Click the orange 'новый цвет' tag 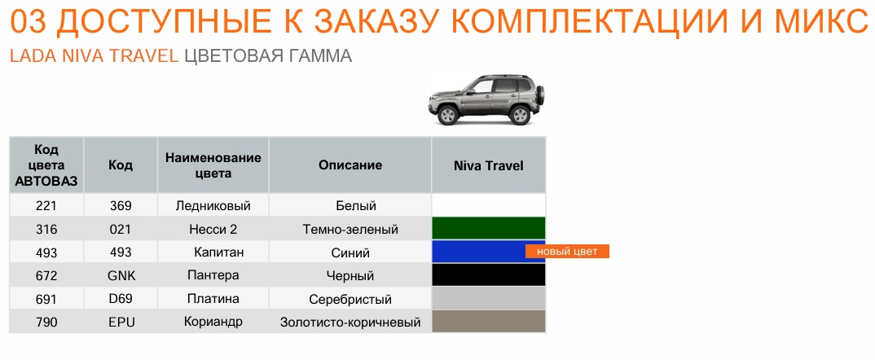(x=567, y=252)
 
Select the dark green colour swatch (x=489, y=229)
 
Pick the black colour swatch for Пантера (x=489, y=275)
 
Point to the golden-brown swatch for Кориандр (x=489, y=322)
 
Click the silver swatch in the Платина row (x=489, y=299)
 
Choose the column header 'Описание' (x=350, y=165)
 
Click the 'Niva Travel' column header (x=488, y=166)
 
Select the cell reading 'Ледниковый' (x=213, y=206)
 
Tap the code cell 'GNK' (x=121, y=276)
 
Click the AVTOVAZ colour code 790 (x=46, y=323)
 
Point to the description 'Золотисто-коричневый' (x=350, y=323)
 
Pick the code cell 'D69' (x=121, y=299)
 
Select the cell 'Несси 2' (x=213, y=230)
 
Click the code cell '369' (x=121, y=206)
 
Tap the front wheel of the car (x=447, y=115)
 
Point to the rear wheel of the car (x=520, y=114)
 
